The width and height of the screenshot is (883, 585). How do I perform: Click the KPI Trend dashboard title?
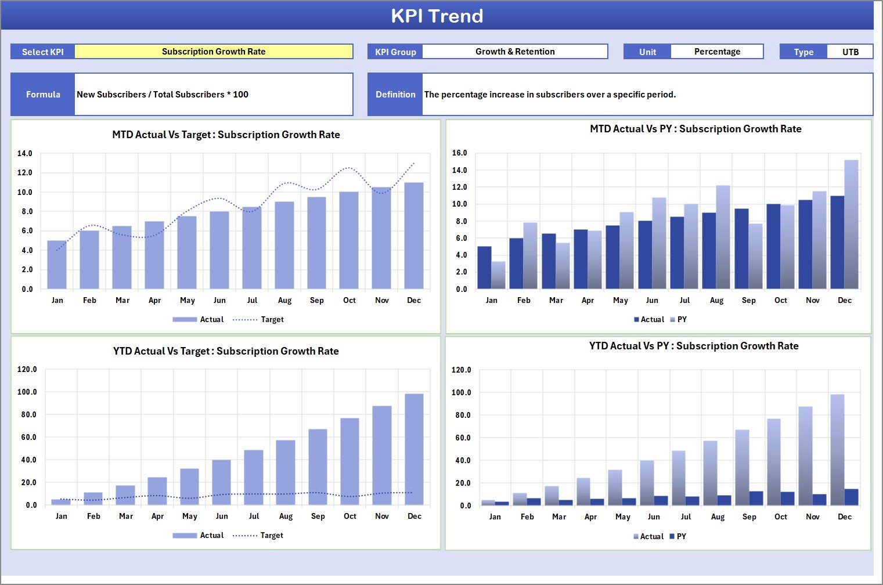coord(437,16)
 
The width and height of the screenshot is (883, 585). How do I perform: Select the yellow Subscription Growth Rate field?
coord(214,52)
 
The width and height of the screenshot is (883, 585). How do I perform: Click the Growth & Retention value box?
coord(515,52)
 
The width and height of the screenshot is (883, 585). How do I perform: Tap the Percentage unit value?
coord(717,52)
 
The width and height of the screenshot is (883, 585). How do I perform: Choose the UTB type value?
coord(850,52)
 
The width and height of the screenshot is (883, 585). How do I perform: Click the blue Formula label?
coord(43,95)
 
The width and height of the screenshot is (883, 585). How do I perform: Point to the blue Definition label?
coord(395,95)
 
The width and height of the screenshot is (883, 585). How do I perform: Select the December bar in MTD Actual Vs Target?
coord(414,236)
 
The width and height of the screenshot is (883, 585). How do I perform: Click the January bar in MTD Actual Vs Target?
coord(57,265)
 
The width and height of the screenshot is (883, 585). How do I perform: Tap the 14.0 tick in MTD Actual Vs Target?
coord(25,154)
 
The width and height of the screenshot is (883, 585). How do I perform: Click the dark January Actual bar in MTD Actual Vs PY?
coord(484,268)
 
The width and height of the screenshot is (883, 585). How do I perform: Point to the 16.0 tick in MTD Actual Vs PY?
coord(459,153)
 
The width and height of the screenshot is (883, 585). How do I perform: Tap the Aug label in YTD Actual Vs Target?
coord(286,517)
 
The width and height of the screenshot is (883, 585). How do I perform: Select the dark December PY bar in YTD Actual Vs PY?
coord(851,497)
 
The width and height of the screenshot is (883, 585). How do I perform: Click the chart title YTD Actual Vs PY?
coord(694,346)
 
